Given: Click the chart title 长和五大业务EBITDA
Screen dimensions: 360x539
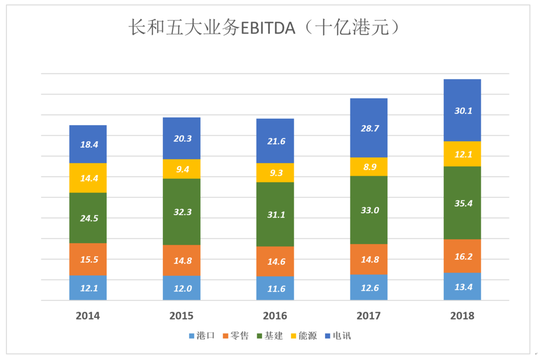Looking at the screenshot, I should (x=264, y=27).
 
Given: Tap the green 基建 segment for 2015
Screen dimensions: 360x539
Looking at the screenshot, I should (x=182, y=211).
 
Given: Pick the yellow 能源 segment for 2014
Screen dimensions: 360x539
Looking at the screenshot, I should (x=88, y=177).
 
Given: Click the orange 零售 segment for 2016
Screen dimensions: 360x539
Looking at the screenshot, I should (x=275, y=261).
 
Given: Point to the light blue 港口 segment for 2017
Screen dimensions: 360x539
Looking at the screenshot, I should (x=369, y=287).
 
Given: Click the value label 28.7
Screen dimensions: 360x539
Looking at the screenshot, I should (x=369, y=128).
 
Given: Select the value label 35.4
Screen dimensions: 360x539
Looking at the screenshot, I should (x=462, y=203).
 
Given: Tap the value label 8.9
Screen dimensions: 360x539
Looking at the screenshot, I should (x=369, y=167).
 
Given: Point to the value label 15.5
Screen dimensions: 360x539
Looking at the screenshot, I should (x=88, y=260).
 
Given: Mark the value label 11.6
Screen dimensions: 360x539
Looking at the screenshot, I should (x=275, y=288).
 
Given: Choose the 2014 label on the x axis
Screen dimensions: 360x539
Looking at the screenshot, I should (x=88, y=315).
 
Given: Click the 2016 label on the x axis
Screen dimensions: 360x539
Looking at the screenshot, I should (x=275, y=315).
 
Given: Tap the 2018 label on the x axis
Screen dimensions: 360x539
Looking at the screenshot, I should (x=462, y=315).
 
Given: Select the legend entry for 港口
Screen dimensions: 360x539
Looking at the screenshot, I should (x=202, y=336).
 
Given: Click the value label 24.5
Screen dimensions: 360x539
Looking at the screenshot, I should (x=88, y=218).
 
